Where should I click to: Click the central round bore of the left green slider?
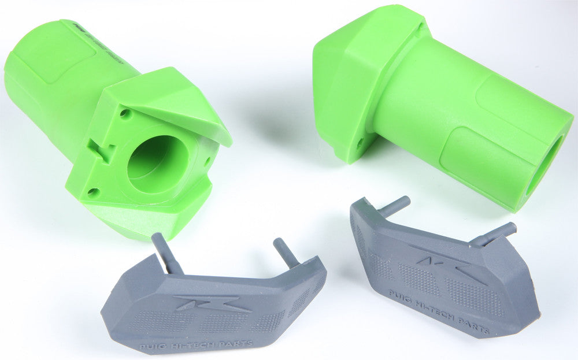[157, 165]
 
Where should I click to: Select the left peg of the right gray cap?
[393, 205]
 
